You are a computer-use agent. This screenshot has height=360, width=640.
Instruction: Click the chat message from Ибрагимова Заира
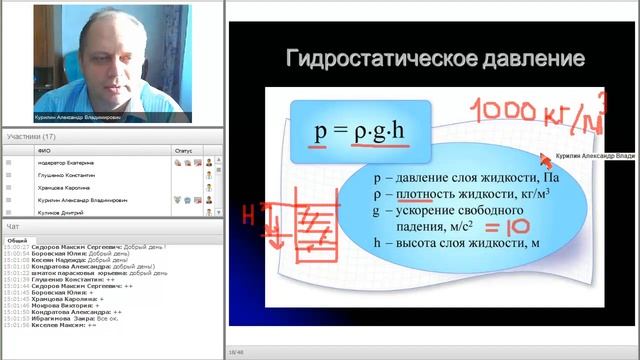[x=81, y=319]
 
